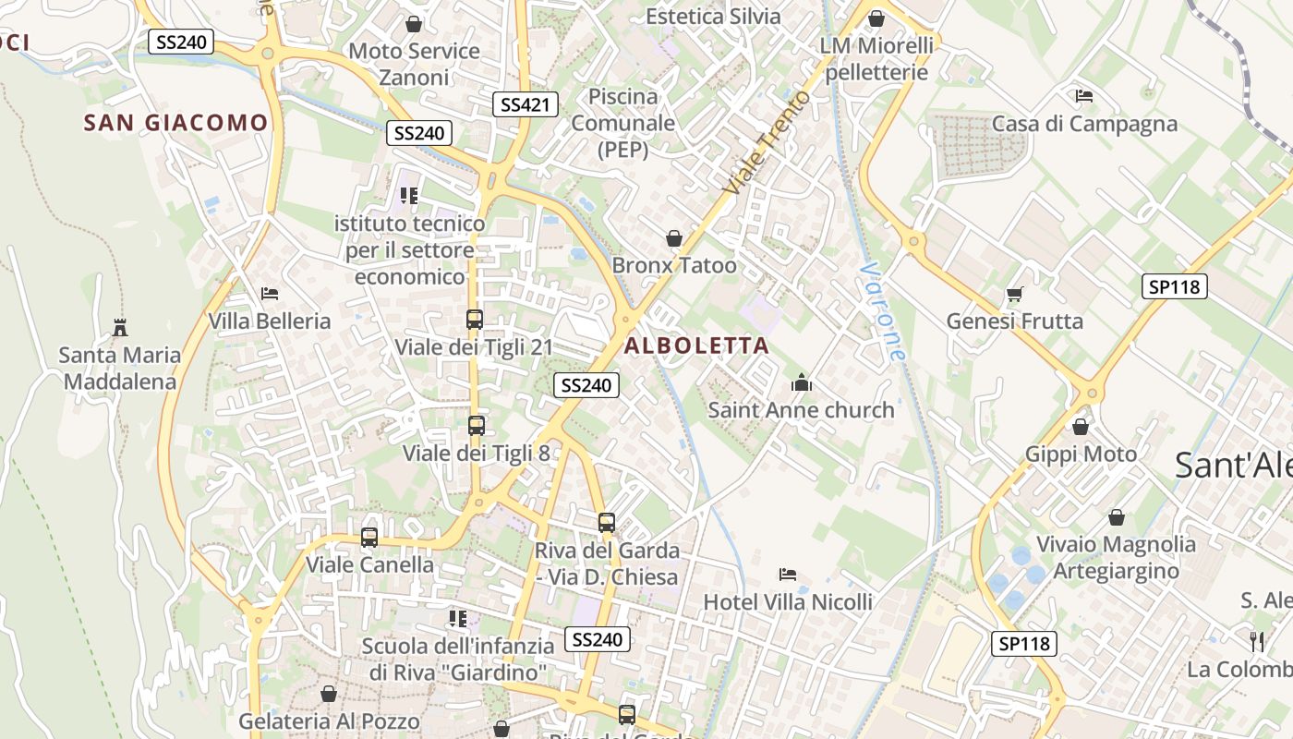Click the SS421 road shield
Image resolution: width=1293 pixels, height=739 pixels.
click(525, 104)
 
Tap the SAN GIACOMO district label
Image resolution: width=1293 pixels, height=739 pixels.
click(175, 122)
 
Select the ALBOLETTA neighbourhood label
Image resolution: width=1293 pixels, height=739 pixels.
click(696, 345)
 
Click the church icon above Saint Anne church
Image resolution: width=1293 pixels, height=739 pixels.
click(801, 382)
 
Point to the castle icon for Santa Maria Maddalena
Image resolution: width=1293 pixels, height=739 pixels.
click(119, 327)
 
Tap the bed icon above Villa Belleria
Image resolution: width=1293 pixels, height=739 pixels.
click(270, 294)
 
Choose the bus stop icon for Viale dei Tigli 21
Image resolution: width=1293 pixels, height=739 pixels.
click(474, 320)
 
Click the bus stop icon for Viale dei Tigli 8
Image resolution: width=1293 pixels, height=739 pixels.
click(476, 426)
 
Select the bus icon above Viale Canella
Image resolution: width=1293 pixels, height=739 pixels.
click(369, 537)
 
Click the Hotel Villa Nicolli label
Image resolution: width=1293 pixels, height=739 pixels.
click(788, 602)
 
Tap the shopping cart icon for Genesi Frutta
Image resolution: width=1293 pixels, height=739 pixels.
click(1015, 295)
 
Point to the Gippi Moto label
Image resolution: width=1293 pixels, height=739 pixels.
click(1081, 454)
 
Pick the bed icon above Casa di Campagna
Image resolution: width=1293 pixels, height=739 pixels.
click(1084, 96)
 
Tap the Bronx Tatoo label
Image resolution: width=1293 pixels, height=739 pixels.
click(674, 266)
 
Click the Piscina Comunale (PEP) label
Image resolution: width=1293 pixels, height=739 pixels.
click(622, 122)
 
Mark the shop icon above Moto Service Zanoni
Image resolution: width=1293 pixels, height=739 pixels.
click(414, 24)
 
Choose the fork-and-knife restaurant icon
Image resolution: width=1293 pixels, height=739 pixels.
click(1256, 641)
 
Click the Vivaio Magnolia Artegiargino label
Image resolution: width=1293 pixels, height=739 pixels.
click(1116, 557)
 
